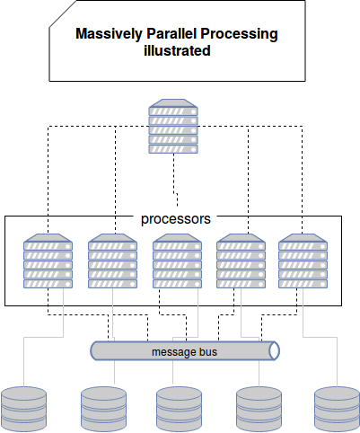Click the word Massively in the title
tap(110, 34)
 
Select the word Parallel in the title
tap(171, 33)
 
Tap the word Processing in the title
tap(239, 34)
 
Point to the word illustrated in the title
tap(177, 50)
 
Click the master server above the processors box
tap(173, 127)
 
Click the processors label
tap(176, 219)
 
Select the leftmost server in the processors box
tap(48, 261)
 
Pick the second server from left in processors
tap(112, 261)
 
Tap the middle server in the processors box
tap(177, 261)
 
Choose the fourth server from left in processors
tap(241, 261)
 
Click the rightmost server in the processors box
tap(303, 261)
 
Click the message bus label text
tap(184, 352)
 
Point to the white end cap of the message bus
tap(274, 350)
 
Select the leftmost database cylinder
tap(24, 409)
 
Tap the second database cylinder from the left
tap(104, 409)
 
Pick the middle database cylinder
tap(179, 409)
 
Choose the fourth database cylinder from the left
tap(259, 409)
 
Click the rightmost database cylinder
tap(337, 409)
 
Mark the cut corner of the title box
tap(63, 13)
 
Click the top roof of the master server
tap(173, 103)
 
